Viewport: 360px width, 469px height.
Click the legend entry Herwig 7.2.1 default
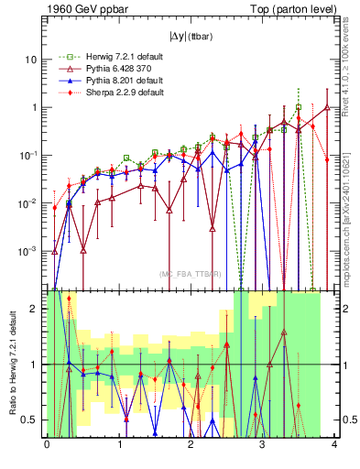click(x=109, y=56)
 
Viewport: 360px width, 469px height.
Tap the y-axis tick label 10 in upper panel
click(x=31, y=60)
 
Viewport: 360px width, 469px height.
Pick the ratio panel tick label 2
click(x=37, y=309)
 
